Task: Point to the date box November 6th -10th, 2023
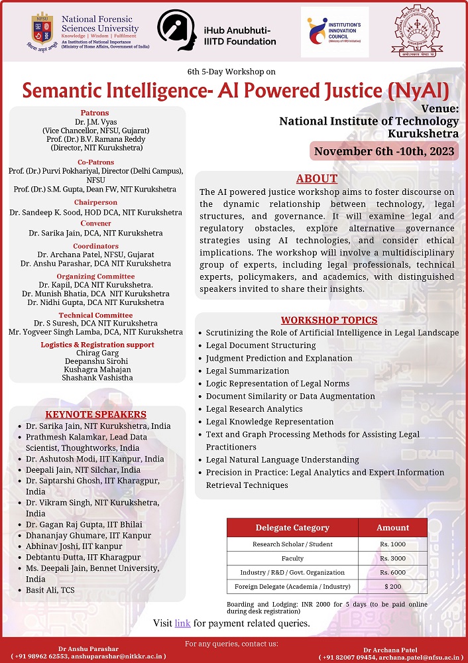coord(384,151)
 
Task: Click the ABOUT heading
coord(317,179)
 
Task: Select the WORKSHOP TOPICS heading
coord(329,320)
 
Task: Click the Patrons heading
coord(95,113)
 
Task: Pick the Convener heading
coord(96,223)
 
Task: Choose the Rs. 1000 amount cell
coord(392,544)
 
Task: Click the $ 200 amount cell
coord(392,587)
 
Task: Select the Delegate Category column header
coord(292,528)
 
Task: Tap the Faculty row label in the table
coord(292,558)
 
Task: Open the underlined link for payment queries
coord(182,623)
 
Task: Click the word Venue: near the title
coord(439,109)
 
